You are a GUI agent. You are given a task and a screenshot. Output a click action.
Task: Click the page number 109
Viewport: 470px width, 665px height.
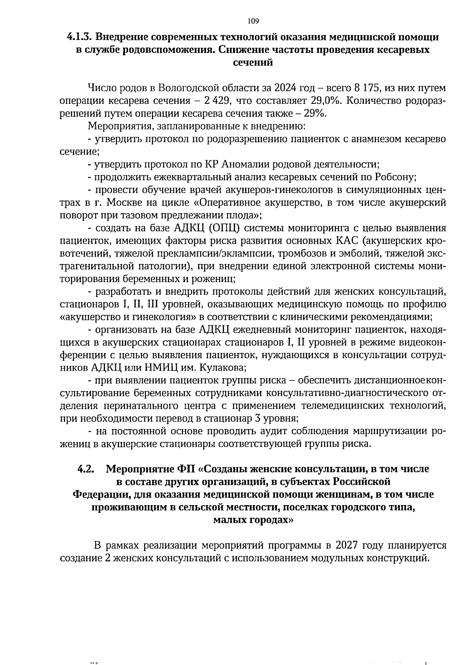coord(253,21)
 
